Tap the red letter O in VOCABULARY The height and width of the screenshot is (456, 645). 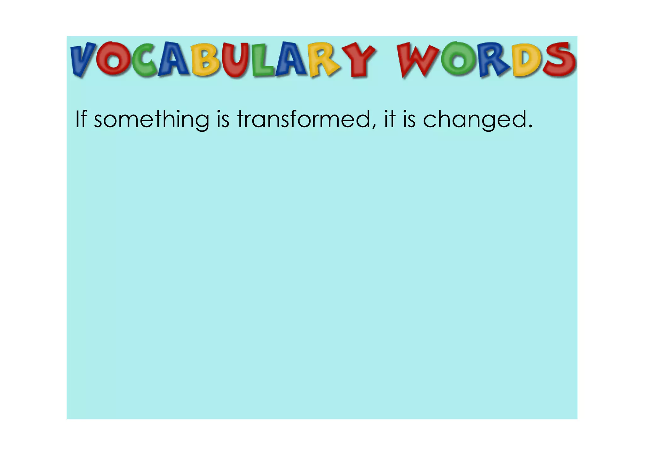point(112,59)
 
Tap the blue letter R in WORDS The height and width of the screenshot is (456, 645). point(493,60)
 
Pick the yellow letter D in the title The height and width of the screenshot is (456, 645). point(527,60)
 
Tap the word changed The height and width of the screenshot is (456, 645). point(474,120)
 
